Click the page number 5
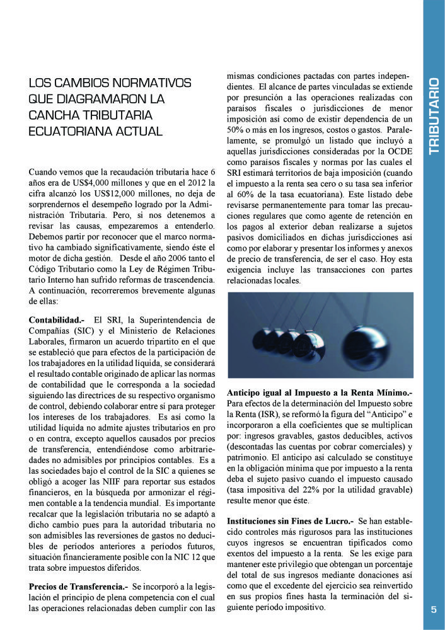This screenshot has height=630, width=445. pos(434,609)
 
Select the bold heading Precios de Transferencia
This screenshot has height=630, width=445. pos(78,587)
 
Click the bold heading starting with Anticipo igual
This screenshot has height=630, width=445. pos(319,392)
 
